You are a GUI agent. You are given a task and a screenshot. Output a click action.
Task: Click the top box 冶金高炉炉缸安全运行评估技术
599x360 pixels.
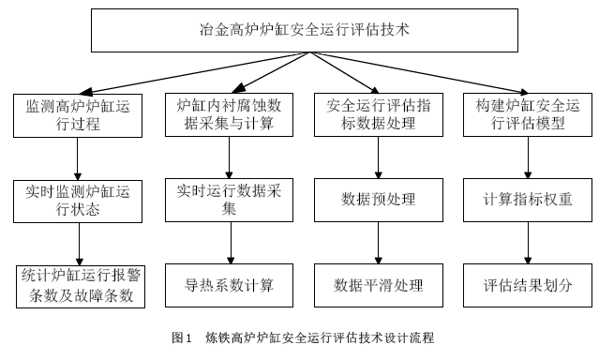pyautogui.click(x=306, y=30)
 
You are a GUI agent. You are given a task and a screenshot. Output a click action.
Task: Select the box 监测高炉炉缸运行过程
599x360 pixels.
pyautogui.click(x=78, y=116)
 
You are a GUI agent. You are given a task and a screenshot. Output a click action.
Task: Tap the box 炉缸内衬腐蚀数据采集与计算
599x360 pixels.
pyautogui.click(x=229, y=116)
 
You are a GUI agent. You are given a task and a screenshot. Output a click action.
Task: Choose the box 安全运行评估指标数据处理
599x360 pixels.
pyautogui.click(x=379, y=116)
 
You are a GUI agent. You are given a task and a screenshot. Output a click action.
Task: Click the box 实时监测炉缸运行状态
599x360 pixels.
pyautogui.click(x=78, y=199)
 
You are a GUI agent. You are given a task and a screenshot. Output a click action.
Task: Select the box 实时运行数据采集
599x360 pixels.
pyautogui.click(x=229, y=199)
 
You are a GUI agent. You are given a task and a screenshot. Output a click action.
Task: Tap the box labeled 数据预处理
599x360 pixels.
pyautogui.click(x=379, y=199)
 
